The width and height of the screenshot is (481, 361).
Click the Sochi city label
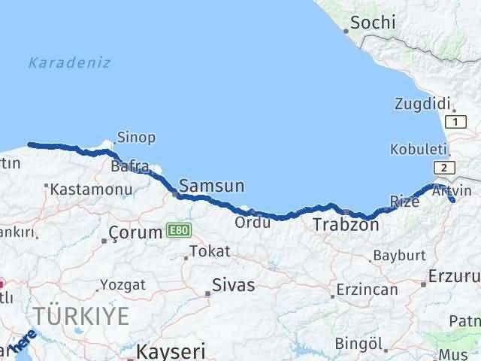pos(373,23)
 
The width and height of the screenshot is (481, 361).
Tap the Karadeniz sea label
pos(69,62)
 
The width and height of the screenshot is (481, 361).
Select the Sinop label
pos(136,137)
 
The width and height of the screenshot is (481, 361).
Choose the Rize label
pos(405,201)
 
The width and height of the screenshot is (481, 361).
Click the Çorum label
pos(135,232)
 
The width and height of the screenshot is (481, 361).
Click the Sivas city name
pos(234,285)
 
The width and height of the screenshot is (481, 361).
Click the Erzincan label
pos(366,290)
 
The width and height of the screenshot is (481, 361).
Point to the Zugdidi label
pos(422,104)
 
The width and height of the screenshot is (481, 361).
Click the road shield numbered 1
pos(454,121)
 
